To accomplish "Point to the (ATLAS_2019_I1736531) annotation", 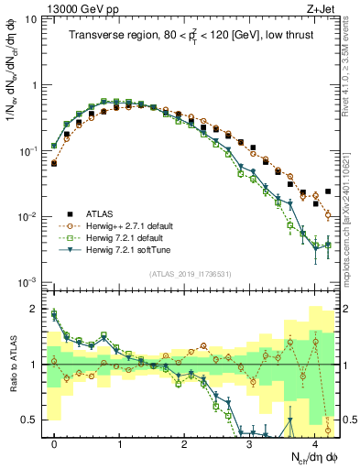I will [191, 273].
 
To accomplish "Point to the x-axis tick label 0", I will [55, 443].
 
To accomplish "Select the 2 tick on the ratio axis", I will [35, 309].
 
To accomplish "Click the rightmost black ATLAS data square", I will [328, 191].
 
